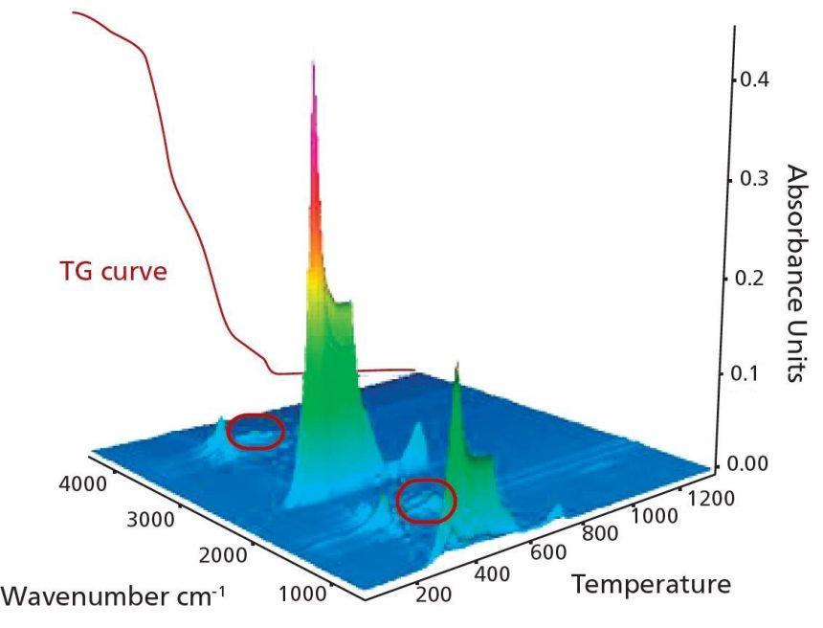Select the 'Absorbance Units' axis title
pyautogui.click(x=796, y=272)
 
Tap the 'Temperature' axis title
pyautogui.click(x=651, y=583)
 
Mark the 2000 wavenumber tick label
pyautogui.click(x=224, y=556)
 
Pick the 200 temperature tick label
pyautogui.click(x=434, y=594)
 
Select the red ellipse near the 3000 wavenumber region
pyautogui.click(x=256, y=431)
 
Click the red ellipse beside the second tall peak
pyautogui.click(x=425, y=500)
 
